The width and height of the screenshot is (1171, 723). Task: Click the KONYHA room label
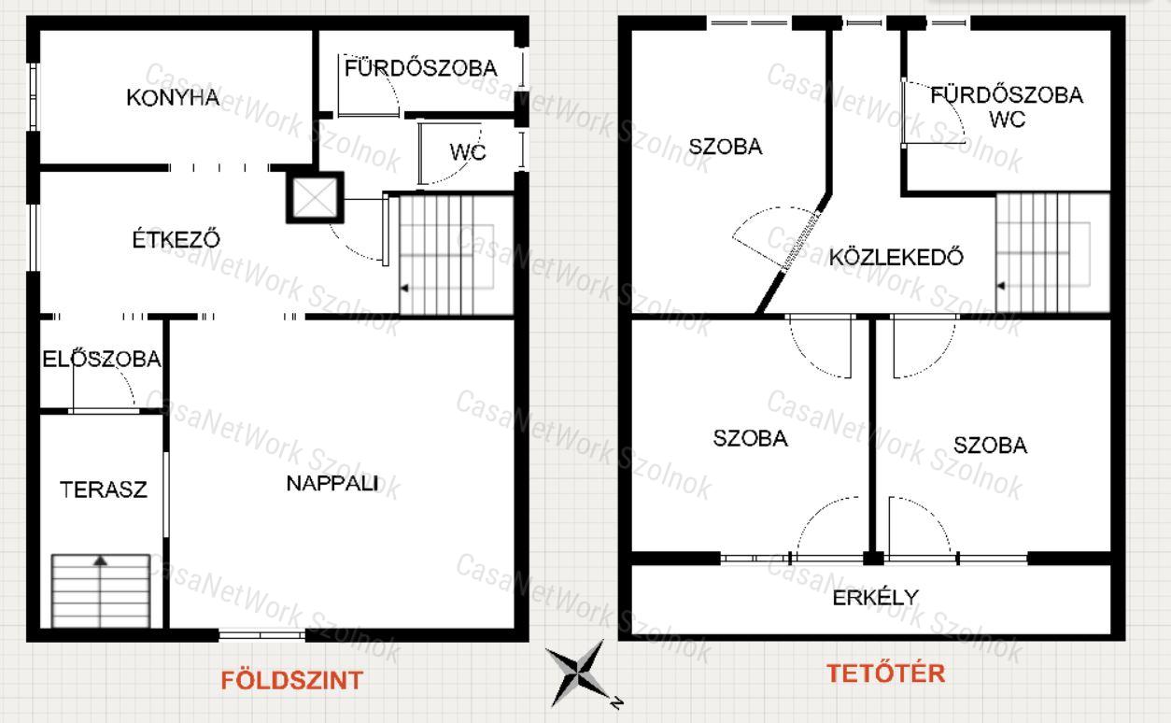[173, 98]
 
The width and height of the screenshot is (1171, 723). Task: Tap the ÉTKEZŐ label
[176, 239]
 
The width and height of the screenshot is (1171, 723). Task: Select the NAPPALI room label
[332, 484]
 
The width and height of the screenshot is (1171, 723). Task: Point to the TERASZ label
[104, 489]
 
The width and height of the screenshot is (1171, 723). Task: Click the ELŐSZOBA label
[102, 359]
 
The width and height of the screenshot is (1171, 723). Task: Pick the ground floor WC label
[468, 152]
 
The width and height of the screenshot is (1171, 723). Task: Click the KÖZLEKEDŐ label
[896, 257]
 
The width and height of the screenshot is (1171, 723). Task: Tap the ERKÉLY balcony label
[876, 598]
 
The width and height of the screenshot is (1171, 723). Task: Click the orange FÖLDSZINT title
[291, 680]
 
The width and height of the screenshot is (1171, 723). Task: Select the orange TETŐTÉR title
[886, 673]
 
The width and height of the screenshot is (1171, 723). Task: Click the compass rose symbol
[579, 673]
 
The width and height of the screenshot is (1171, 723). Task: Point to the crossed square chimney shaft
[315, 198]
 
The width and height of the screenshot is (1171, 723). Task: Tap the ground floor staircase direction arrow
[404, 288]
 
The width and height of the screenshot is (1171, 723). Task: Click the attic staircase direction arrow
[1001, 286]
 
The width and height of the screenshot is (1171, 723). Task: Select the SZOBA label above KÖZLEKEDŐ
[725, 147]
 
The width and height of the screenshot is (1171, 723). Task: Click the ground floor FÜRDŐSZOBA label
[421, 68]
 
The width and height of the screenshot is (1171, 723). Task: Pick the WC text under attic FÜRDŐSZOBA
[1008, 120]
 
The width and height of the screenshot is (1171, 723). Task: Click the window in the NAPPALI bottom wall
[261, 635]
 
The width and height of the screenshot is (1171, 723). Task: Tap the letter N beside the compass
[617, 702]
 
